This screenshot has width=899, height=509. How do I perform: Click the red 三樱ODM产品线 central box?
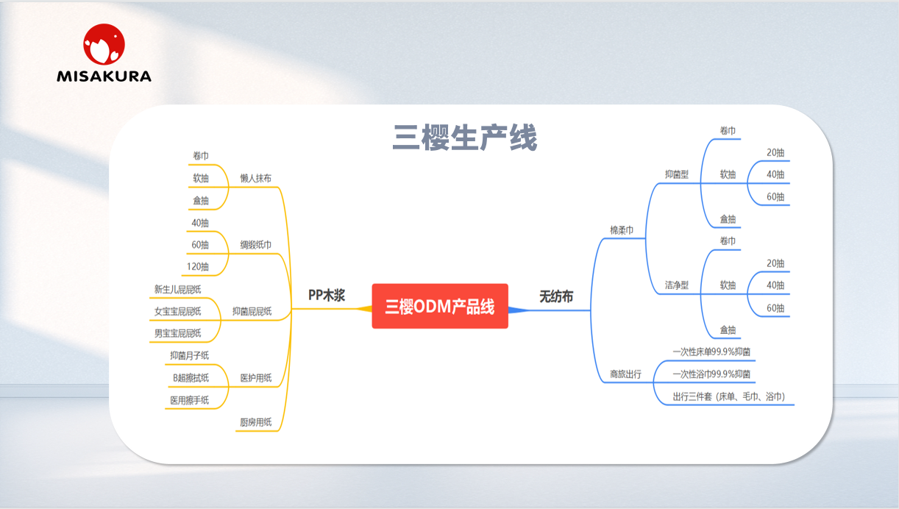point(440,306)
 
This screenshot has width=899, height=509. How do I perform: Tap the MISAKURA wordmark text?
point(104,76)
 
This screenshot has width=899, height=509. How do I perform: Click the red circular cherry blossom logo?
point(104,44)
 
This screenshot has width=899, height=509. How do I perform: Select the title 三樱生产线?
point(465,138)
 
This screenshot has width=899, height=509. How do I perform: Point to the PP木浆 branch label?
point(327,295)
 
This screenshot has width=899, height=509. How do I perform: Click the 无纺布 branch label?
point(556,296)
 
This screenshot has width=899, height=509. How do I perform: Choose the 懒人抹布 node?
point(256,178)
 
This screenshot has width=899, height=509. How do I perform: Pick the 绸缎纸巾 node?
point(256,244)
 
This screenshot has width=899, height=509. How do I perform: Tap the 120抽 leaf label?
point(197,266)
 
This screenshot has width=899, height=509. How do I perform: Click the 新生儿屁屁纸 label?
point(177,289)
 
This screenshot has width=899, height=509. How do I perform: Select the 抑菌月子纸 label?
point(189,355)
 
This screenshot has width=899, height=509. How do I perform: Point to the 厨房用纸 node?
point(256,422)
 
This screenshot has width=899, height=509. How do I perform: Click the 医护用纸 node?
point(256,378)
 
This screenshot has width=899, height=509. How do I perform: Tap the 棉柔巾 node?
point(622,230)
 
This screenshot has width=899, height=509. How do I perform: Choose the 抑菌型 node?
point(677,174)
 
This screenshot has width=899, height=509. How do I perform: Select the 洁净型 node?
point(677,285)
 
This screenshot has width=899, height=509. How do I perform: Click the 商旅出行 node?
point(625,374)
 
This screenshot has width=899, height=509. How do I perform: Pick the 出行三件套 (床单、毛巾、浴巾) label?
point(729,396)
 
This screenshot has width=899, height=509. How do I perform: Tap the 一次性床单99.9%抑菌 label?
point(711,352)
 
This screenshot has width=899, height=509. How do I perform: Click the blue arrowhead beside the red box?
point(518,310)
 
